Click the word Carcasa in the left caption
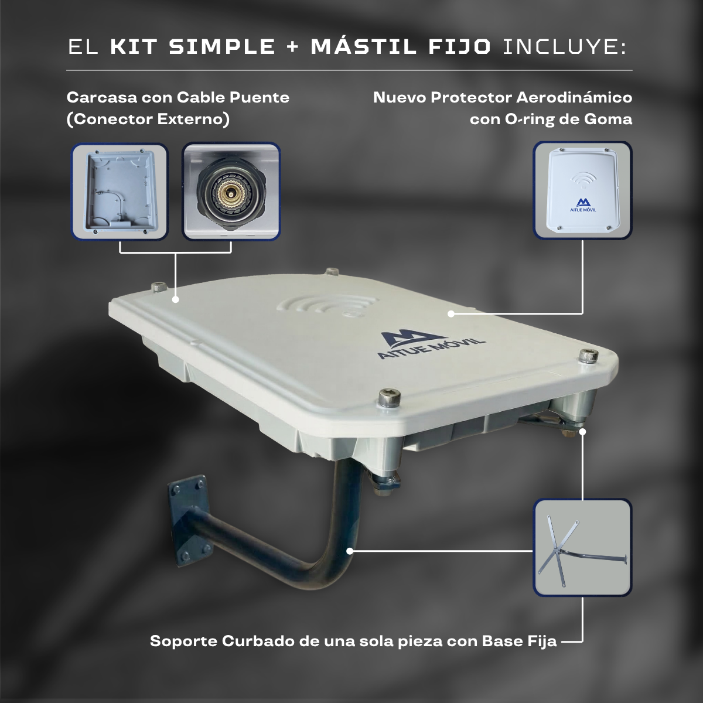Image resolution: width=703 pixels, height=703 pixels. tap(101, 97)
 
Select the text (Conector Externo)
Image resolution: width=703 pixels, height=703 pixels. tap(148, 120)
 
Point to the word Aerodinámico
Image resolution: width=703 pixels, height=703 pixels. tap(574, 97)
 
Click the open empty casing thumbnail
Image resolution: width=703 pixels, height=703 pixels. tap(120, 192)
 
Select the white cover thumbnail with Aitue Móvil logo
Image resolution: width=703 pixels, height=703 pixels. tap(582, 190)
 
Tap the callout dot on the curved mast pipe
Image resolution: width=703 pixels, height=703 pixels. tap(350, 551)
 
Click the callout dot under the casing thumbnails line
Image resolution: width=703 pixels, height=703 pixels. tap(176, 299)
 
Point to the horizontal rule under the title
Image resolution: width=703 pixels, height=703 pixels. tap(350, 70)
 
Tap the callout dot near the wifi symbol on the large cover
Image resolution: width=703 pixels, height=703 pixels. tap(451, 313)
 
